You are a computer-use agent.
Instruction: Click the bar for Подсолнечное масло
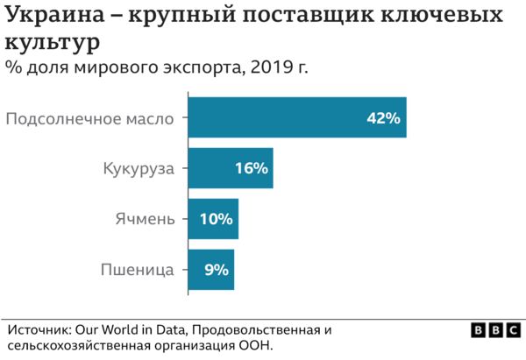[x=297, y=117]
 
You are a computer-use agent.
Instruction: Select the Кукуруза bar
[x=231, y=168]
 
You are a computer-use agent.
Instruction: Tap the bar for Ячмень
[x=213, y=219]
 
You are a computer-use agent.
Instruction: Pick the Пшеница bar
[x=211, y=270]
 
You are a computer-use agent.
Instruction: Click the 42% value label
[x=383, y=118]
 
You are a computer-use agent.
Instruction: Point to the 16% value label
[x=251, y=168]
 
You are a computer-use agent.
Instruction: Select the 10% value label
[x=216, y=219]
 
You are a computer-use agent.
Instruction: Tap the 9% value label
[x=216, y=270]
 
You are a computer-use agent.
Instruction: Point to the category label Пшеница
[x=139, y=270]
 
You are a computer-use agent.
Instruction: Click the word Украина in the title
[x=56, y=17]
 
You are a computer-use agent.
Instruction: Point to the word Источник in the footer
[x=40, y=329]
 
